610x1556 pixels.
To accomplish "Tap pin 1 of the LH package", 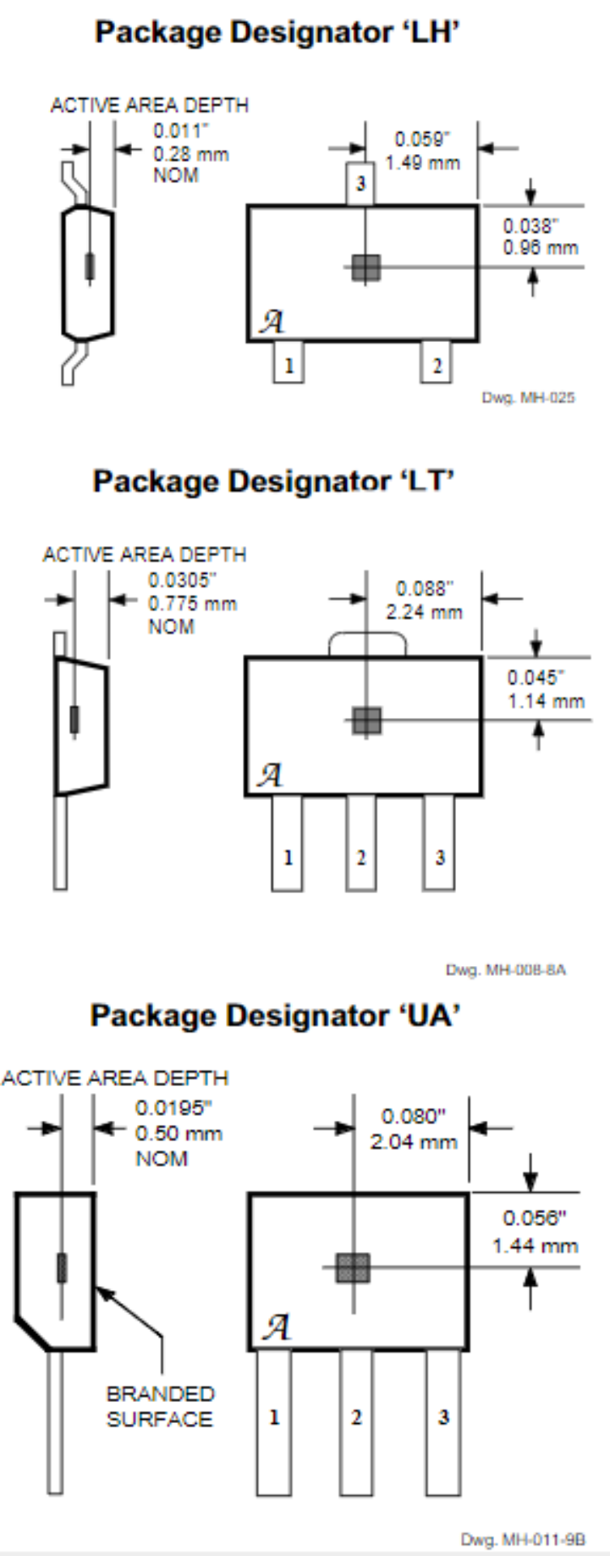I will pos(288,364).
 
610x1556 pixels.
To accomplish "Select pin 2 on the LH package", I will pos(437,364).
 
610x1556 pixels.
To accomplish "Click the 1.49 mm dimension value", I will pos(422,162).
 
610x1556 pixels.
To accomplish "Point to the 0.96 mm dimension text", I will pos(540,247).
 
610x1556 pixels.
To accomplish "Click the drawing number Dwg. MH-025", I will pos(528,397).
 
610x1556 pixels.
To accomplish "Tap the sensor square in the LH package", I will pos(366,267).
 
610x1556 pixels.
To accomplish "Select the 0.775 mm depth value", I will pos(192,604).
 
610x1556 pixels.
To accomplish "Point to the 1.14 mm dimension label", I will pos(545,700).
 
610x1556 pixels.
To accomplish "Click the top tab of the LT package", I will pos(367,644).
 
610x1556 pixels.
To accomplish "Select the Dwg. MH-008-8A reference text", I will pos(505,970).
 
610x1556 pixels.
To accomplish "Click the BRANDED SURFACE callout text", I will pos(160,1406).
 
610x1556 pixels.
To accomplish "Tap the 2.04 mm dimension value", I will pos(413,1142).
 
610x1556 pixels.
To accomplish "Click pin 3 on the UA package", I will pos(443,1417).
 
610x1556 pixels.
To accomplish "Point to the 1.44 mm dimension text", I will pos(535,1246).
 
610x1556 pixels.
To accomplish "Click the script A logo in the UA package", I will pos(276,1327).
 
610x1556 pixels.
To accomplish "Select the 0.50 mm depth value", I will pos(178,1133).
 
